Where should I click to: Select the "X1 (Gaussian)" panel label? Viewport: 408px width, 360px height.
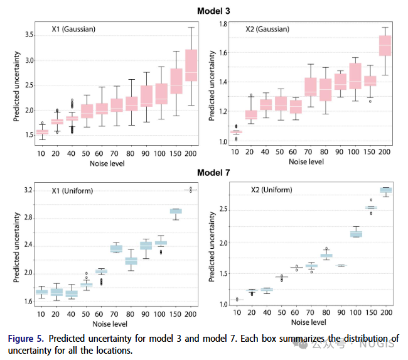click(73, 29)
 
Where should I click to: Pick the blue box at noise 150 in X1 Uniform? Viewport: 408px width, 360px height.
click(176, 211)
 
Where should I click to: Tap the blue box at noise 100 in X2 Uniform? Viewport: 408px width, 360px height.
click(356, 234)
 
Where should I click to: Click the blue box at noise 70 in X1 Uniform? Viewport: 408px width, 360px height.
click(116, 249)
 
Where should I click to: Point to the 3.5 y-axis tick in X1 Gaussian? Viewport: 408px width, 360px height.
click(28, 34)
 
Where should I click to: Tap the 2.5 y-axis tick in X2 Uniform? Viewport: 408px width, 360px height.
click(221, 210)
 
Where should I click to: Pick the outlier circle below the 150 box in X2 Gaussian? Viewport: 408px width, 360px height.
click(370, 101)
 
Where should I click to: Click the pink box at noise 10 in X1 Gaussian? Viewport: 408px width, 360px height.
click(42, 132)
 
